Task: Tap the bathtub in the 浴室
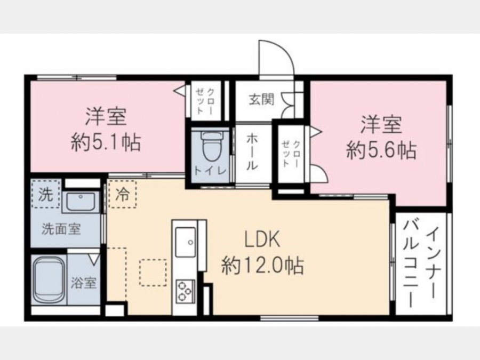(49, 279)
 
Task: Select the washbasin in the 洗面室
(81, 202)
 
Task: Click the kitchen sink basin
(185, 242)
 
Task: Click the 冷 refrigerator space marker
(122, 194)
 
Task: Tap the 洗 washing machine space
(45, 194)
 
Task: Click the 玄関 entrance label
(261, 100)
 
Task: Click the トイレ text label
(210, 171)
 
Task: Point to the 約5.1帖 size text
(106, 142)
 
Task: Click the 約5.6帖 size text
(381, 150)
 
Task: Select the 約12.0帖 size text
(262, 266)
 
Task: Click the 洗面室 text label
(61, 229)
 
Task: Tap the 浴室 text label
(84, 283)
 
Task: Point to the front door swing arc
(282, 51)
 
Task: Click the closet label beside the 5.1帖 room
(205, 101)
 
